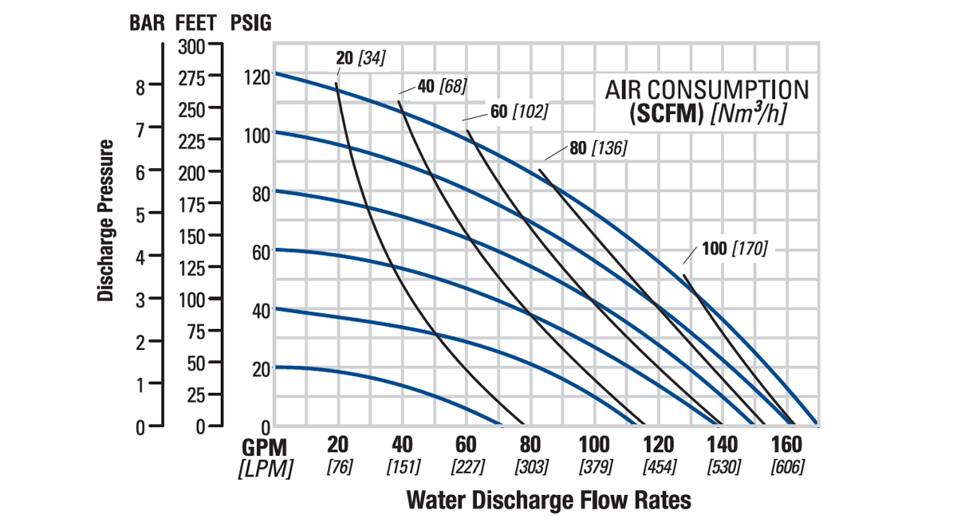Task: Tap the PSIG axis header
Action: (250, 23)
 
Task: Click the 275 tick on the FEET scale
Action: (190, 77)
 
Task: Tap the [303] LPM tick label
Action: (530, 466)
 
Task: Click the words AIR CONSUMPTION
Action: (707, 89)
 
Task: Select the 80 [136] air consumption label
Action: (598, 148)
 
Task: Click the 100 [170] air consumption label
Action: (734, 249)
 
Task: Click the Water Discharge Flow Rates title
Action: (549, 500)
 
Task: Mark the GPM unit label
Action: (264, 446)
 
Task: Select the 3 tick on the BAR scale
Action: (140, 300)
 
